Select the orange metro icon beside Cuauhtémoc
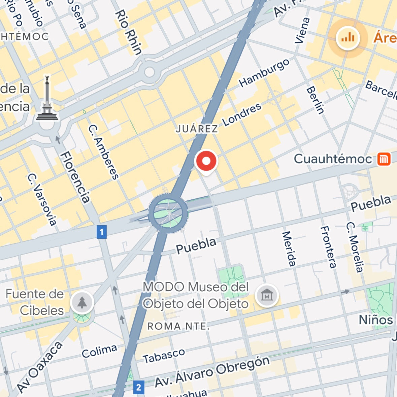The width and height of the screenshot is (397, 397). pos(384,159)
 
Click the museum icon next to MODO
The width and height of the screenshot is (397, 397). pos(267,296)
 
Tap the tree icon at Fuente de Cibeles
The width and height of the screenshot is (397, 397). pos(82,302)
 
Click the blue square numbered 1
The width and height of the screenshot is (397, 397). pos(102,232)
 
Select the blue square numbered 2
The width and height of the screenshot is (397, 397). pos(139,387)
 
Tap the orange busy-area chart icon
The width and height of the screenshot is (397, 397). pos(348,37)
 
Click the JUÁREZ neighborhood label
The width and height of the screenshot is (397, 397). pos(197,129)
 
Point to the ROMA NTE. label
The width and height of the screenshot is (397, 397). pos(178,326)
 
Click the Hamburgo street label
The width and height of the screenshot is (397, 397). pos(264,73)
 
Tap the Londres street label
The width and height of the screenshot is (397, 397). pos(242,114)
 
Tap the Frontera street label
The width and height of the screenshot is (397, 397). pos(328,247)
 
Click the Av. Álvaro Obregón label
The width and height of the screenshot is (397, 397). pos(212,371)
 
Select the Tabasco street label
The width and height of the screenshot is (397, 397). pos(164,356)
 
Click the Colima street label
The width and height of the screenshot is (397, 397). pos(99,352)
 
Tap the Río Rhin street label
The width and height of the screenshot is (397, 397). pos(128,32)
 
